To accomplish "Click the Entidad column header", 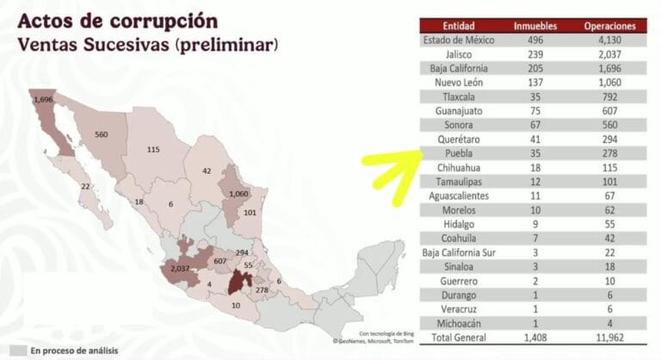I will click(x=460, y=26).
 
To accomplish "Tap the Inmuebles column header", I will click(x=534, y=26).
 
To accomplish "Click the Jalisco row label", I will click(x=460, y=54).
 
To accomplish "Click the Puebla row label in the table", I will click(x=460, y=152).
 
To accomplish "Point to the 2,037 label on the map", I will click(x=181, y=269).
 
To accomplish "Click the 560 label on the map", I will click(x=102, y=134).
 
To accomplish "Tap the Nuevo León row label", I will click(x=460, y=83).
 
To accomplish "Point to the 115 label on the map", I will click(x=153, y=150).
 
